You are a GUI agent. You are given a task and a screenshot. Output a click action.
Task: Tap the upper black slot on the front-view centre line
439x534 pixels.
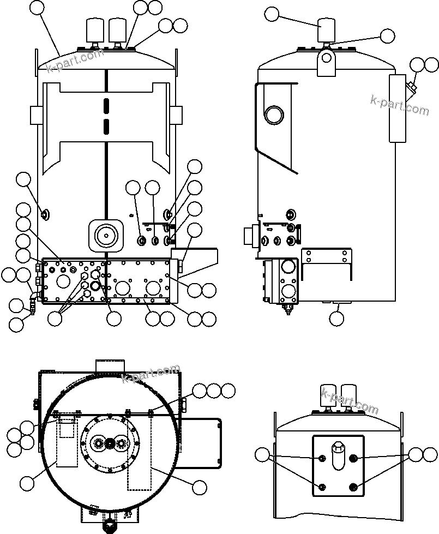[106, 104]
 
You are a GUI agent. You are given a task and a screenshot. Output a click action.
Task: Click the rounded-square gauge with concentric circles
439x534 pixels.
[105, 235]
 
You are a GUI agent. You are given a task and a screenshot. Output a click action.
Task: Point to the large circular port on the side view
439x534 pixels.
[273, 115]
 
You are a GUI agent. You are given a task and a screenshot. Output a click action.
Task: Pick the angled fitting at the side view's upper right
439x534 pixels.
[412, 87]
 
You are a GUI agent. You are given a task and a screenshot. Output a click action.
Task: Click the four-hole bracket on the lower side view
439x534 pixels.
[326, 256]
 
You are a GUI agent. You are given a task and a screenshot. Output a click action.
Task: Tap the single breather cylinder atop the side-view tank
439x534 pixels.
[326, 30]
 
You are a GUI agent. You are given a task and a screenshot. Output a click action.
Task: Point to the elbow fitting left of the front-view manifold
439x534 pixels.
[34, 296]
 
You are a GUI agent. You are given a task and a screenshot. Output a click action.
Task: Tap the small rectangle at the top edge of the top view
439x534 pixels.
[110, 365]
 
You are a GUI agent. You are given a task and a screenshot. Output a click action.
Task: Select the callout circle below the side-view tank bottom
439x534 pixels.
[338, 318]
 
